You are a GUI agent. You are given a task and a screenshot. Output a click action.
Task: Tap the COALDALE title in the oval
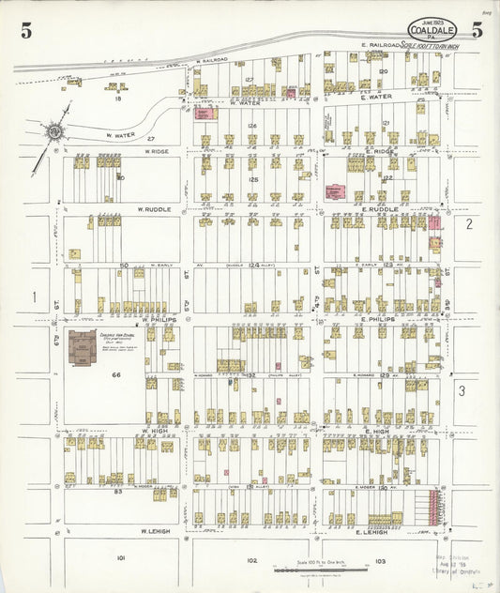[x=432, y=29]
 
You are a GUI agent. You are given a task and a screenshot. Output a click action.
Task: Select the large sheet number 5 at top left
[x=26, y=31]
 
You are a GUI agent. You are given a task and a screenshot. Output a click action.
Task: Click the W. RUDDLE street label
[x=153, y=209]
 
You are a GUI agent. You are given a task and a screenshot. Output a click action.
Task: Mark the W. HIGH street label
[x=153, y=431]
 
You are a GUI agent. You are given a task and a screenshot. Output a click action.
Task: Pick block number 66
[x=117, y=374]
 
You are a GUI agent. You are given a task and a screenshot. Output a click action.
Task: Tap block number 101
[x=120, y=558]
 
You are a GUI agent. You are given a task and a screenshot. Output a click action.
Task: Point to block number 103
[x=379, y=560]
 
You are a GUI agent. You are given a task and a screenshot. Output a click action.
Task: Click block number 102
[x=250, y=560]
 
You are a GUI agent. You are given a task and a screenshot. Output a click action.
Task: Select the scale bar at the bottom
[x=298, y=569]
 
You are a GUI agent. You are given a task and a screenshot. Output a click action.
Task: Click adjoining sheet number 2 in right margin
[x=468, y=223]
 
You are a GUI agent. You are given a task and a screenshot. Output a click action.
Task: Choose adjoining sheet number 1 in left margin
[x=34, y=296]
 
